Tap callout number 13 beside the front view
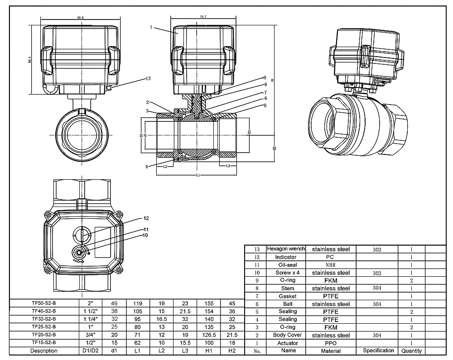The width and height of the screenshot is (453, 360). [148, 79]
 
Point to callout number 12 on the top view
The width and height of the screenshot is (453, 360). [146, 219]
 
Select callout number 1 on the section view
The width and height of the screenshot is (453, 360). [150, 27]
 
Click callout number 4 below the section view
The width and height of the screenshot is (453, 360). [147, 167]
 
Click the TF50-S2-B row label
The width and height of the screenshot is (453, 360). [44, 303]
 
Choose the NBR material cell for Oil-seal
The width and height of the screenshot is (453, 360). [332, 265]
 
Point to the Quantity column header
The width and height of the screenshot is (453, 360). [411, 350]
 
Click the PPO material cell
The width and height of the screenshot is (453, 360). [332, 343]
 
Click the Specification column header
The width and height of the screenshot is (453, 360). [378, 350]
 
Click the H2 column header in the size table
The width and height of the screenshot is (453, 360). [232, 350]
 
